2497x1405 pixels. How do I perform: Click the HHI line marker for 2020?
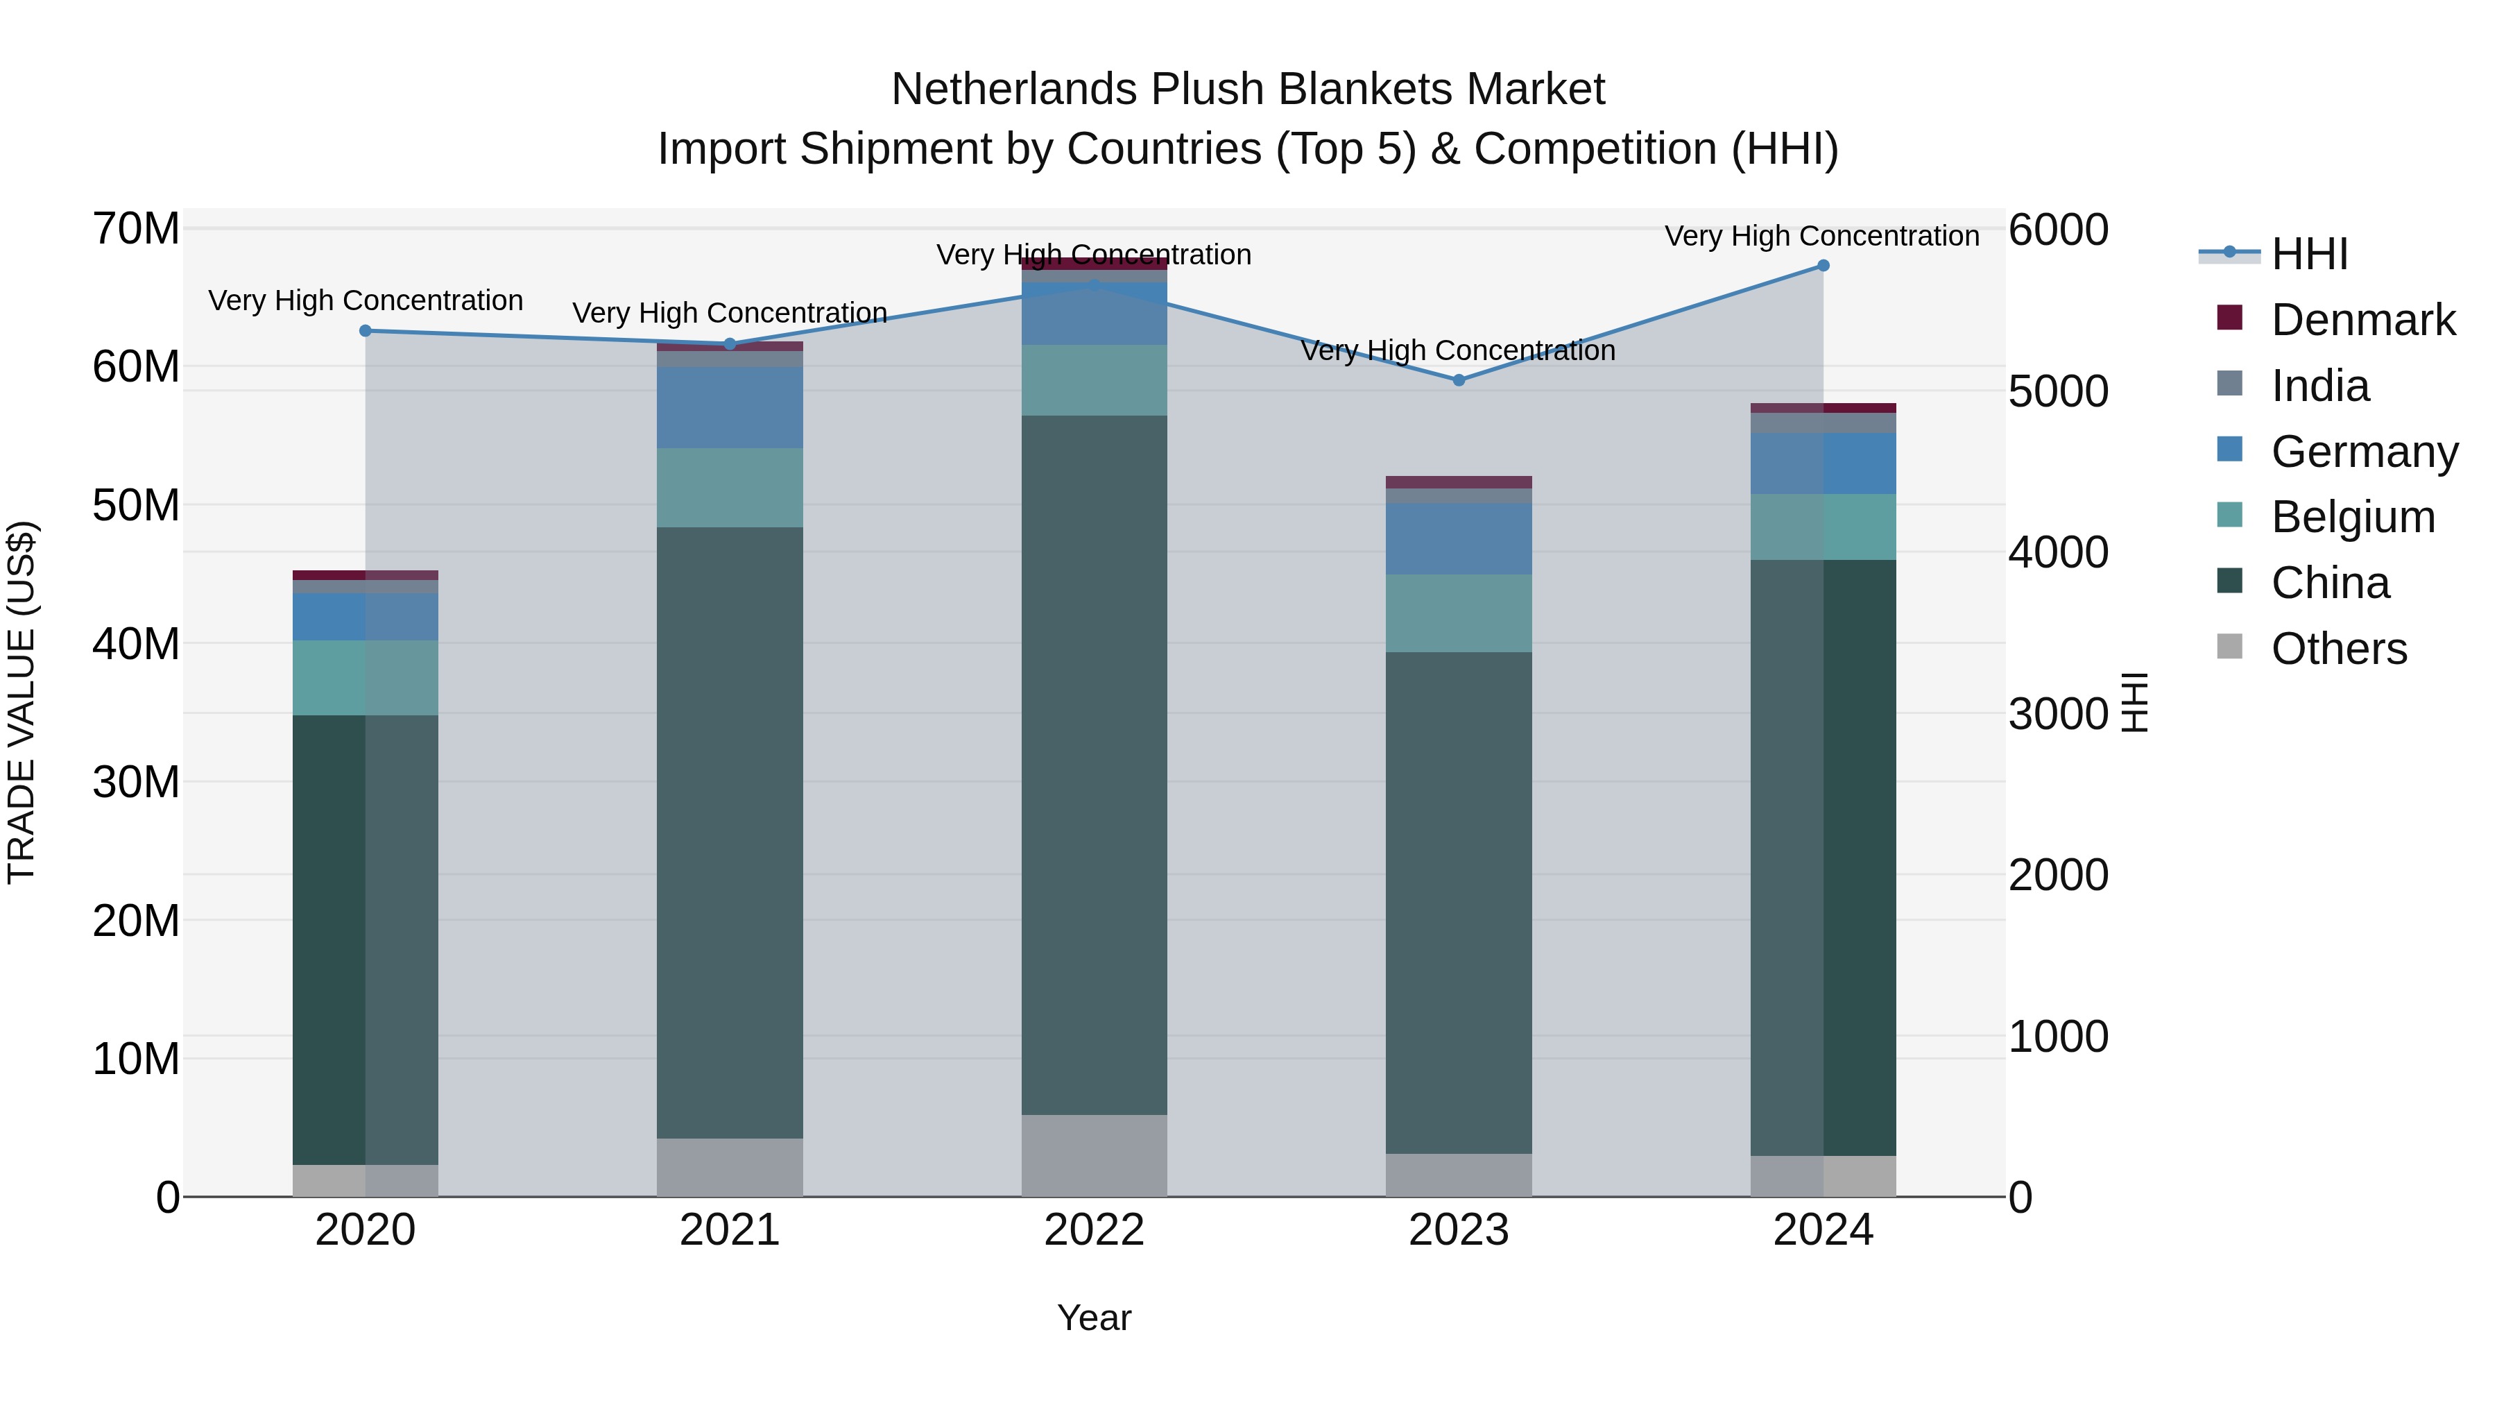click(366, 331)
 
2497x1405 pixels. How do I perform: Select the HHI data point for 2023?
click(1459, 380)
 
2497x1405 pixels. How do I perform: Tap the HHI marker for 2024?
click(1824, 266)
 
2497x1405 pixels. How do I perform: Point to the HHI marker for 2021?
click(730, 344)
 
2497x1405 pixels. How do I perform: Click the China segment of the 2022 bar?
click(1095, 765)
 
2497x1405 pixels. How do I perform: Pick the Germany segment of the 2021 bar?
click(730, 407)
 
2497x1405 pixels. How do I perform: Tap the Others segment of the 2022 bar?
click(1095, 1156)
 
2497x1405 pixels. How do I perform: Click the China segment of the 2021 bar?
click(730, 833)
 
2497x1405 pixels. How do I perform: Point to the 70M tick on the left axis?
click(136, 230)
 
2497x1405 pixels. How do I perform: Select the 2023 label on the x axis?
click(1459, 1230)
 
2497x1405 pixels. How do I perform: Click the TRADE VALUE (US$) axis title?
click(22, 702)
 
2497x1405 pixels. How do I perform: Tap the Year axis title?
click(1095, 1318)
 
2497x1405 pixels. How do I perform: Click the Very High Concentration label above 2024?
click(1822, 236)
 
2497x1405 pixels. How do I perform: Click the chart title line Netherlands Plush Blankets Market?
click(1248, 90)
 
